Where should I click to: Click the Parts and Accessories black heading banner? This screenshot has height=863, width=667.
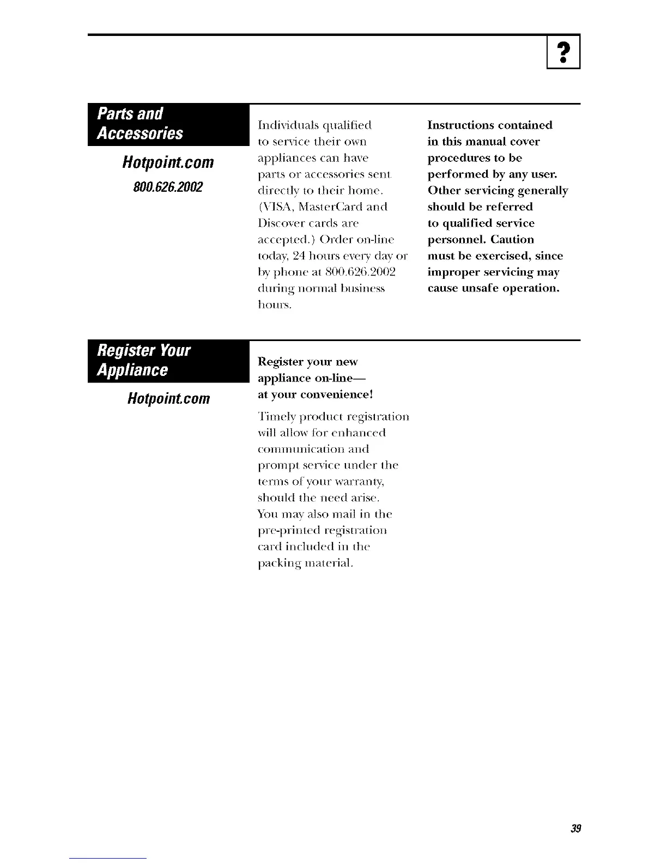pos(168,124)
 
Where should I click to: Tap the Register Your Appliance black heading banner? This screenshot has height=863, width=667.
pos(168,360)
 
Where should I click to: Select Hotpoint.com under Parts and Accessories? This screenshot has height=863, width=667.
pos(168,162)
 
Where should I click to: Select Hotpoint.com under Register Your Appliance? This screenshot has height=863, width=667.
pos(168,398)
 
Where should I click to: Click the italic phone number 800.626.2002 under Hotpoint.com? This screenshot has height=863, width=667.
pos(168,187)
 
